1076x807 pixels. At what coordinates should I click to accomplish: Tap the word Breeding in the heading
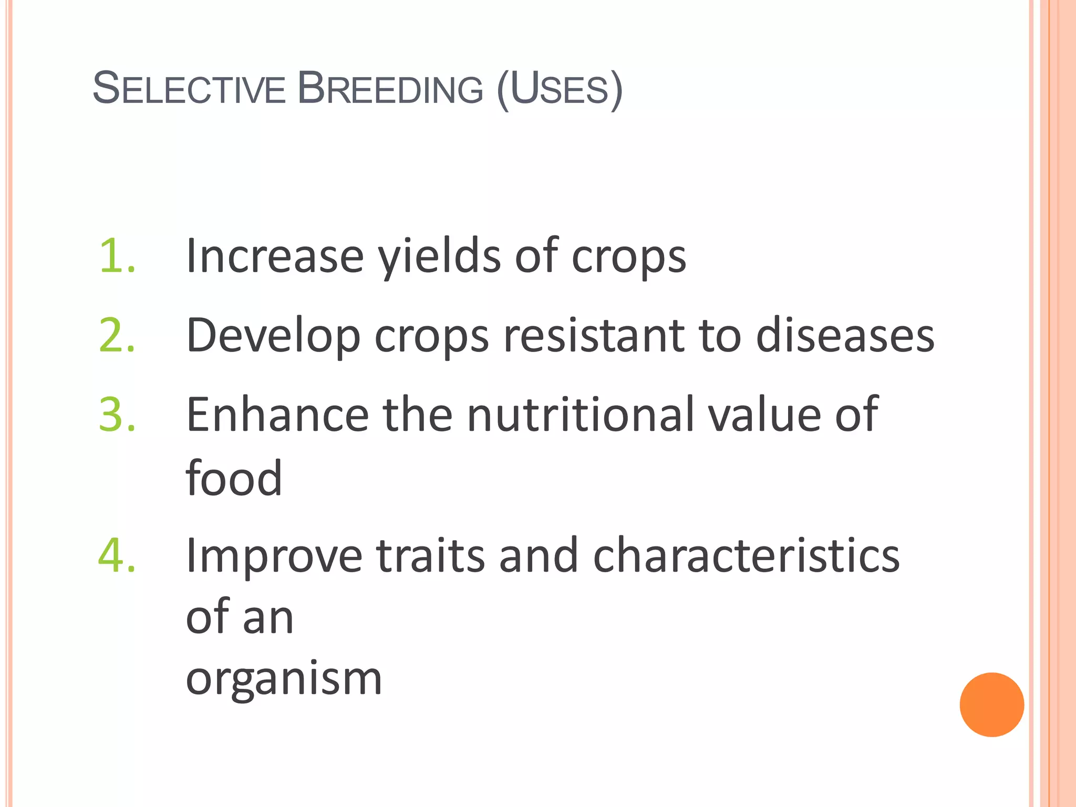pyautogui.click(x=390, y=88)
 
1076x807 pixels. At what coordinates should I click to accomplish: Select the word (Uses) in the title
pyautogui.click(x=559, y=89)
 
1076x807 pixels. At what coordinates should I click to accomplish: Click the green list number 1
pyautogui.click(x=117, y=256)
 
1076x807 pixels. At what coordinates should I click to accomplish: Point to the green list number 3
pyautogui.click(x=117, y=415)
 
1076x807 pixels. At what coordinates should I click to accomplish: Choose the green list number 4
pyautogui.click(x=117, y=555)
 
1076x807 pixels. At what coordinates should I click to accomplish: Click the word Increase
pyautogui.click(x=275, y=256)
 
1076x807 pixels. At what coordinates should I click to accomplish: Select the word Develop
pyautogui.click(x=273, y=336)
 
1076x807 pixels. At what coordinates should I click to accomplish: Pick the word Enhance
pyautogui.click(x=277, y=415)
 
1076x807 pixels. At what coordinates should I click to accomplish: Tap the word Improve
pyautogui.click(x=274, y=556)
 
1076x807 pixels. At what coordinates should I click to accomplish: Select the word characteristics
pyautogui.click(x=746, y=555)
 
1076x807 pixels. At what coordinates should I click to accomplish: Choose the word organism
pyautogui.click(x=284, y=679)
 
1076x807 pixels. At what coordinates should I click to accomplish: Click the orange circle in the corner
pyautogui.click(x=991, y=705)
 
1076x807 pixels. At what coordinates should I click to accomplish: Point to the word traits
pyautogui.click(x=430, y=555)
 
